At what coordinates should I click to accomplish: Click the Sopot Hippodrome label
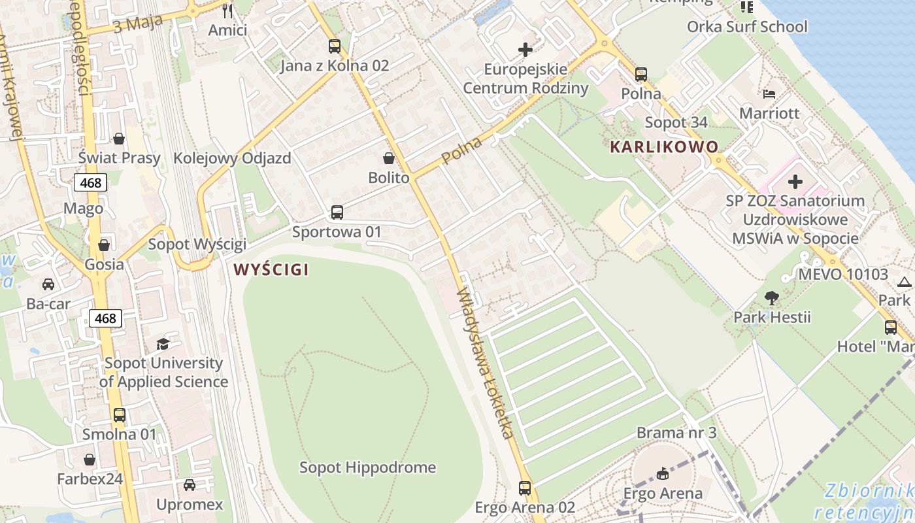(x=367, y=467)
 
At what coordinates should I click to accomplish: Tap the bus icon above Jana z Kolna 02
(x=335, y=46)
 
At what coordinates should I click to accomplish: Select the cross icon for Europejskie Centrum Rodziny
(x=525, y=50)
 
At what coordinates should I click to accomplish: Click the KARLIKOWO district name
(x=664, y=147)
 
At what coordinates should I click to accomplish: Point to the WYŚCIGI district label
(x=271, y=269)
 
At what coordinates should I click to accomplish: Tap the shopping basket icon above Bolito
(x=389, y=158)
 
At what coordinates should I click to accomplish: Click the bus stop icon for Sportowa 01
(x=337, y=212)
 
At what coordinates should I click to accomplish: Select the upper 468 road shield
(x=90, y=182)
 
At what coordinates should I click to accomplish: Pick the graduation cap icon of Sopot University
(x=163, y=344)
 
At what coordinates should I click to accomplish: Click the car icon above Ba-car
(x=48, y=284)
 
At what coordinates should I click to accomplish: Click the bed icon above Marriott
(x=769, y=94)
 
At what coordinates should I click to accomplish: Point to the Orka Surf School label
(x=747, y=27)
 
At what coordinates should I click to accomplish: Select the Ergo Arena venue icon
(x=663, y=474)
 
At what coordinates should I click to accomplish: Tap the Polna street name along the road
(x=461, y=151)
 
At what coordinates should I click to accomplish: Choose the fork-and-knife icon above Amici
(x=227, y=11)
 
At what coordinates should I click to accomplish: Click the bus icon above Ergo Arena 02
(x=525, y=488)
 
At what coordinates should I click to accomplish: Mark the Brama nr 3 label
(x=676, y=433)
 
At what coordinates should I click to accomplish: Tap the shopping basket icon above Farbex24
(x=90, y=460)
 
